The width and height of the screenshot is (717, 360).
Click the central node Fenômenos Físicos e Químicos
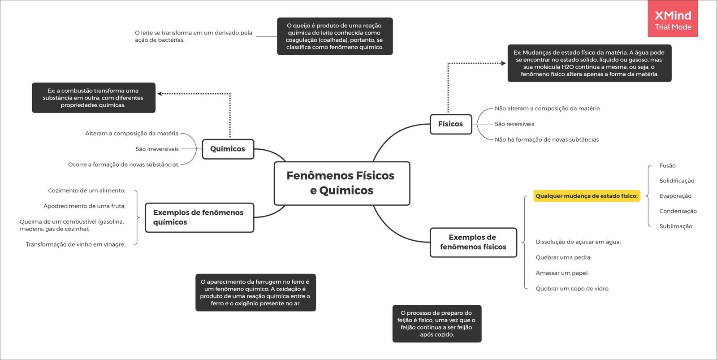341,183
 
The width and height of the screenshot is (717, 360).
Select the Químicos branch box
228,149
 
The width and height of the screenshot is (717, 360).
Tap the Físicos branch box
450,124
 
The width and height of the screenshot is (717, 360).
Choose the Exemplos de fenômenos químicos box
199,217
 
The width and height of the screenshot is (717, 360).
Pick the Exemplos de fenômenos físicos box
473,243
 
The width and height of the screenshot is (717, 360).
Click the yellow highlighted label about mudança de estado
587,196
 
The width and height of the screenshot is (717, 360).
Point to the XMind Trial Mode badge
673,20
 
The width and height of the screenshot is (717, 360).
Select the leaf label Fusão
667,166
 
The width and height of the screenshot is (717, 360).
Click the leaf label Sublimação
676,226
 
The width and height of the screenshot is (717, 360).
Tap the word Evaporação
675,196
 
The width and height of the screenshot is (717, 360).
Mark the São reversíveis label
514,124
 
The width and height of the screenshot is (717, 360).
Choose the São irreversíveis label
157,149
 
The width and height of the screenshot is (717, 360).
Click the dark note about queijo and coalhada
335,36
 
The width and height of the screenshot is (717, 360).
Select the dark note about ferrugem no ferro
255,293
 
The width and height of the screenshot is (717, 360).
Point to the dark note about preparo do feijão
436,324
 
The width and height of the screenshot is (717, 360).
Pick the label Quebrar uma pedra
563,258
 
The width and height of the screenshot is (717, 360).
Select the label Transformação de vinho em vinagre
75,245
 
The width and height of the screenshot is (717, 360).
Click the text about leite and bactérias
193,36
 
